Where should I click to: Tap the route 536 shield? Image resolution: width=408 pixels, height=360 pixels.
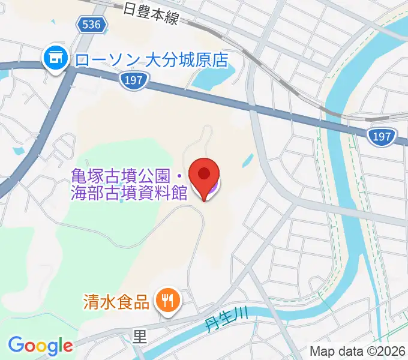pyautogui.click(x=93, y=25)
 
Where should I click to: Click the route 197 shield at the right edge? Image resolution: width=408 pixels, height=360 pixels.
pyautogui.click(x=382, y=137)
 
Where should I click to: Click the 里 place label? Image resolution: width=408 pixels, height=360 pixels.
pyautogui.click(x=140, y=337)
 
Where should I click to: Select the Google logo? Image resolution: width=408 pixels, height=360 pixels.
pyautogui.click(x=40, y=346)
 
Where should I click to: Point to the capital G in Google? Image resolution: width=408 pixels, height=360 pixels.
pyautogui.click(x=16, y=345)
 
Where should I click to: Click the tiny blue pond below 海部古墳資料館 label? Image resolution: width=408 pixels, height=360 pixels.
pyautogui.click(x=122, y=202)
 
